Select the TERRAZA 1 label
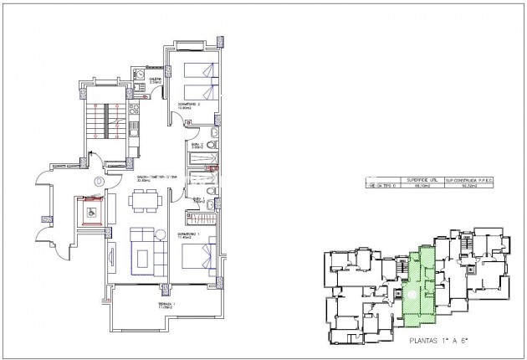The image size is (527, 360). pos(164,305)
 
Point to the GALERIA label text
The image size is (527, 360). pos(156,79)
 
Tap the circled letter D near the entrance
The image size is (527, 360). pos(99,180)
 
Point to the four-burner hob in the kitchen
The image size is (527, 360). pos(133,129)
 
